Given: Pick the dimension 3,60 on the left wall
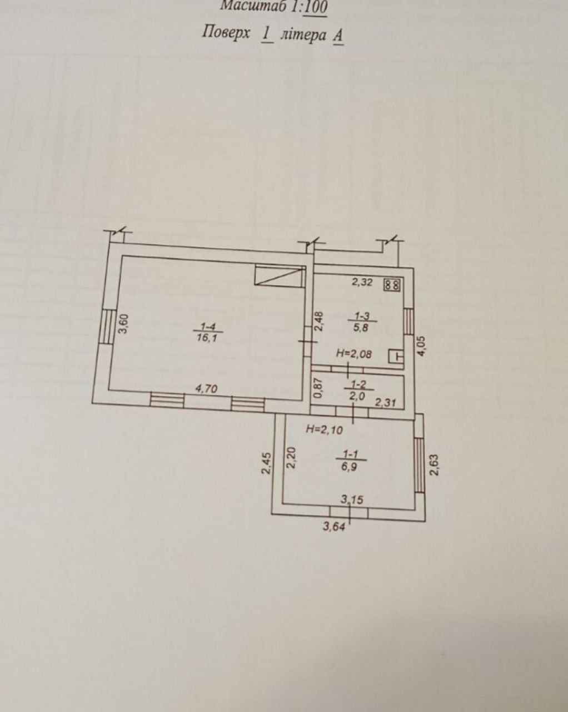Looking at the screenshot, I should pos(124,324).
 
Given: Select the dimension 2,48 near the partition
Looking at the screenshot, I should pos(318,322).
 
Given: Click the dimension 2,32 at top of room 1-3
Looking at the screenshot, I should pos(362,282).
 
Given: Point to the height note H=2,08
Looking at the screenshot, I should pos(354,354).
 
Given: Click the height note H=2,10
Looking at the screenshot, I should pos(324,429).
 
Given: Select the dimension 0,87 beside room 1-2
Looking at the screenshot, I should pos(318,388).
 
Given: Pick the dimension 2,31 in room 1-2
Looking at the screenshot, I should pos(386,402).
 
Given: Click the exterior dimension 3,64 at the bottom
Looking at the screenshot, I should pos(335,527).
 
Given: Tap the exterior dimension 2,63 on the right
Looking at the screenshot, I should pos(434,465).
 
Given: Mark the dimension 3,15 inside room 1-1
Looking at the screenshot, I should pos(352,500).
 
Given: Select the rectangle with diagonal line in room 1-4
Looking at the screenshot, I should pos(280,276).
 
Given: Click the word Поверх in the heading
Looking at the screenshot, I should pos(226,33).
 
